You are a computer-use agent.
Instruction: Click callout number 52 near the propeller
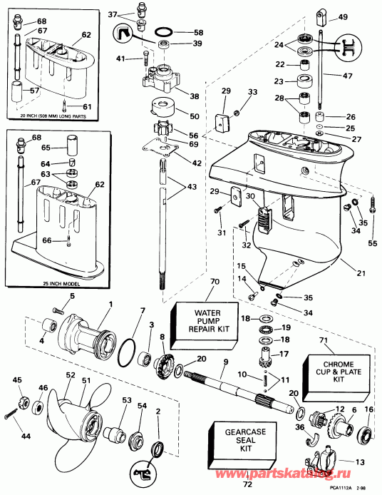70,374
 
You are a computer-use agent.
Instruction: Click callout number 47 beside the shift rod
349,74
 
